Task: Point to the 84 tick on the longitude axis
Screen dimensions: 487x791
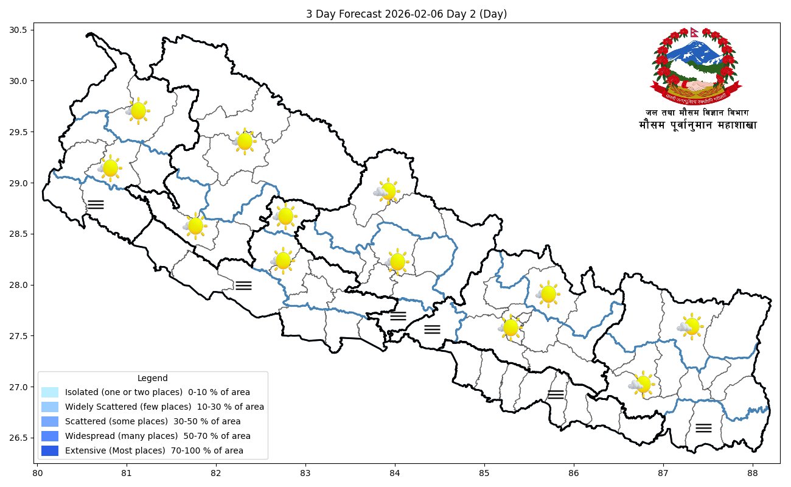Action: coord(395,472)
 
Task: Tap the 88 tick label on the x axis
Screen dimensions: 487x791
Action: coord(753,472)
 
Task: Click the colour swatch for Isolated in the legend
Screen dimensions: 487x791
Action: coord(50,392)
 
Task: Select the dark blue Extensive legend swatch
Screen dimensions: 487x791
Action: coord(50,451)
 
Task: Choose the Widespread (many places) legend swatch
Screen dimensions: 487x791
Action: coord(50,436)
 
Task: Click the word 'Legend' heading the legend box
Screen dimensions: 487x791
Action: coord(153,378)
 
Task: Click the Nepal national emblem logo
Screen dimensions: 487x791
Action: coord(697,67)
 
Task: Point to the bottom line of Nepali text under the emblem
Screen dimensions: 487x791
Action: coord(698,125)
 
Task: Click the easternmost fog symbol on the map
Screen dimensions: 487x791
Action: coord(703,427)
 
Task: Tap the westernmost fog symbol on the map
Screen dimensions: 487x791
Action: coord(96,204)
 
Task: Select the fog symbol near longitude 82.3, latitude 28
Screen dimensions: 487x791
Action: coord(243,285)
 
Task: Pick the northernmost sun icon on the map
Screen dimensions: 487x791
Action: coord(138,111)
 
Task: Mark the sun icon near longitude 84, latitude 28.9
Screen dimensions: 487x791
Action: coord(388,191)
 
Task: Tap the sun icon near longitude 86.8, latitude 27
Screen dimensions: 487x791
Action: coord(643,384)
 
